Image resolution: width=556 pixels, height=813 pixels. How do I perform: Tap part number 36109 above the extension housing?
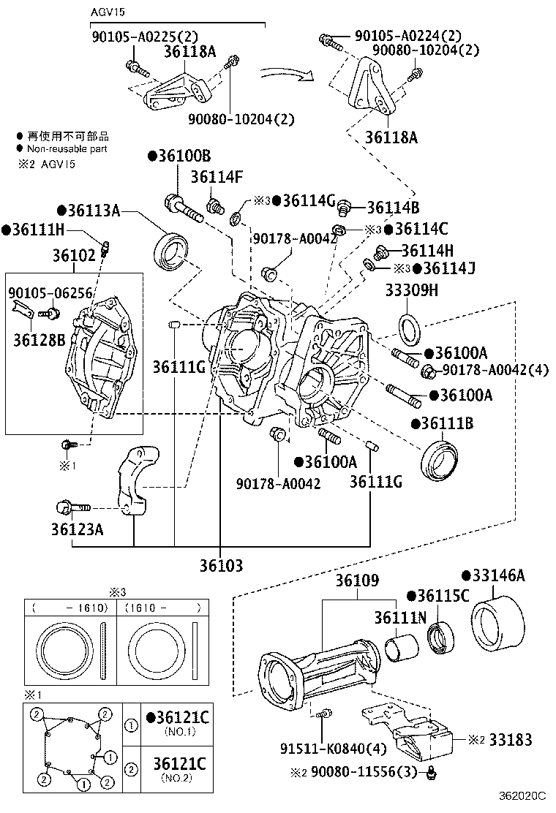(x=358, y=582)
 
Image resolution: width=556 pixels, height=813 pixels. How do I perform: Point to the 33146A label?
(x=498, y=576)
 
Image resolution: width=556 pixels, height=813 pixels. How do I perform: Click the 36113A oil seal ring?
(x=173, y=249)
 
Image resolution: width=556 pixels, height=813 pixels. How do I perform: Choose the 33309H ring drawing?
(x=408, y=327)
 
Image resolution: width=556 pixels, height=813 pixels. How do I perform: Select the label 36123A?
(x=78, y=529)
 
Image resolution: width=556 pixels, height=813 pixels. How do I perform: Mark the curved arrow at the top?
(x=287, y=74)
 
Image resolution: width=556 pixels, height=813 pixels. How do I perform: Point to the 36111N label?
(x=400, y=618)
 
